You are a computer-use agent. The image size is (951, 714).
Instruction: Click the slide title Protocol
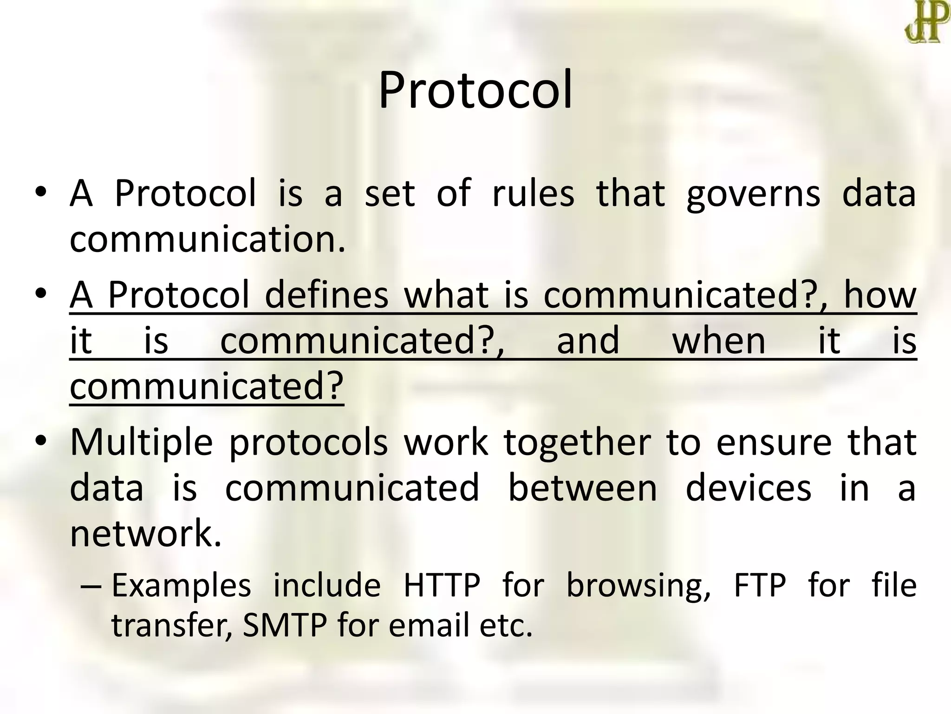(475, 91)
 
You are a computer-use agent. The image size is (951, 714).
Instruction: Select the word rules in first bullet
(533, 193)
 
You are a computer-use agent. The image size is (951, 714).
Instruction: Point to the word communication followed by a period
(207, 239)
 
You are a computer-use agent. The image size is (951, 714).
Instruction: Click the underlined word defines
(326, 295)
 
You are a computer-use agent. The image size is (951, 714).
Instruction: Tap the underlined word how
(880, 295)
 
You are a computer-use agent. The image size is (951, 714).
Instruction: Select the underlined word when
(719, 341)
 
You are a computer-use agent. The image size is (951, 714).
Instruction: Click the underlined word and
(588, 341)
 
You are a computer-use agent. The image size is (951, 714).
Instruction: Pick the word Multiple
(141, 443)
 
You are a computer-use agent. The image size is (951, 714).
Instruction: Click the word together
(577, 443)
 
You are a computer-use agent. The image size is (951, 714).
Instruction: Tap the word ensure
(774, 443)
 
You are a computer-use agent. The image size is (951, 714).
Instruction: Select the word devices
(748, 488)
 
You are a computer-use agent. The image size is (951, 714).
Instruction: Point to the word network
(145, 534)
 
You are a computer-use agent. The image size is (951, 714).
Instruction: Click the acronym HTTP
(442, 585)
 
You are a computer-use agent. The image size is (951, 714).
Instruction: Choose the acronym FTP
(760, 585)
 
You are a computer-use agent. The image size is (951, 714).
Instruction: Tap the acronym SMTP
(285, 626)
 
